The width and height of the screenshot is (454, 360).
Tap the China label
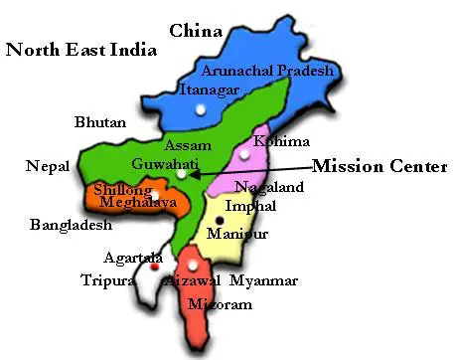(x=195, y=32)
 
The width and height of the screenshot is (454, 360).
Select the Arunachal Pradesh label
(x=267, y=71)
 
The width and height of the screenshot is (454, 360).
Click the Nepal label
(x=47, y=166)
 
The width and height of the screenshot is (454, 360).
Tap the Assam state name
(x=188, y=145)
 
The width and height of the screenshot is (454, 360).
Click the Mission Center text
(x=379, y=166)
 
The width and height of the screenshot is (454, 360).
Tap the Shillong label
(x=122, y=189)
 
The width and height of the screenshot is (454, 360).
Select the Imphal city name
(x=243, y=206)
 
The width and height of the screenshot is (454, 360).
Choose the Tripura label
(x=107, y=281)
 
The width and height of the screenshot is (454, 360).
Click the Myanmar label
(x=263, y=281)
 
